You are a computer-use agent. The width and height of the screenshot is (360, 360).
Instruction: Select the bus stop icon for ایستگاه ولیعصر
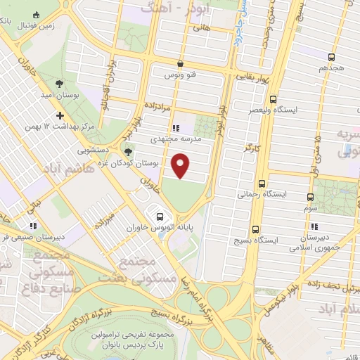tap(274, 99)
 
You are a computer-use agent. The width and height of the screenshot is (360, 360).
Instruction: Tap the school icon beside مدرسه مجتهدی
tap(175, 129)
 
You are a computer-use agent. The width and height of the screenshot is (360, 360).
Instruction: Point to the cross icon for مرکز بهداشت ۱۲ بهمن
tap(60, 115)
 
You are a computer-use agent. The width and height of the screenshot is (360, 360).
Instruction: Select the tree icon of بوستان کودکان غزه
tap(127, 150)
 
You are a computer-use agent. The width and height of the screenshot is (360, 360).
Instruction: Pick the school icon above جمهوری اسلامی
tap(314, 226)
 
